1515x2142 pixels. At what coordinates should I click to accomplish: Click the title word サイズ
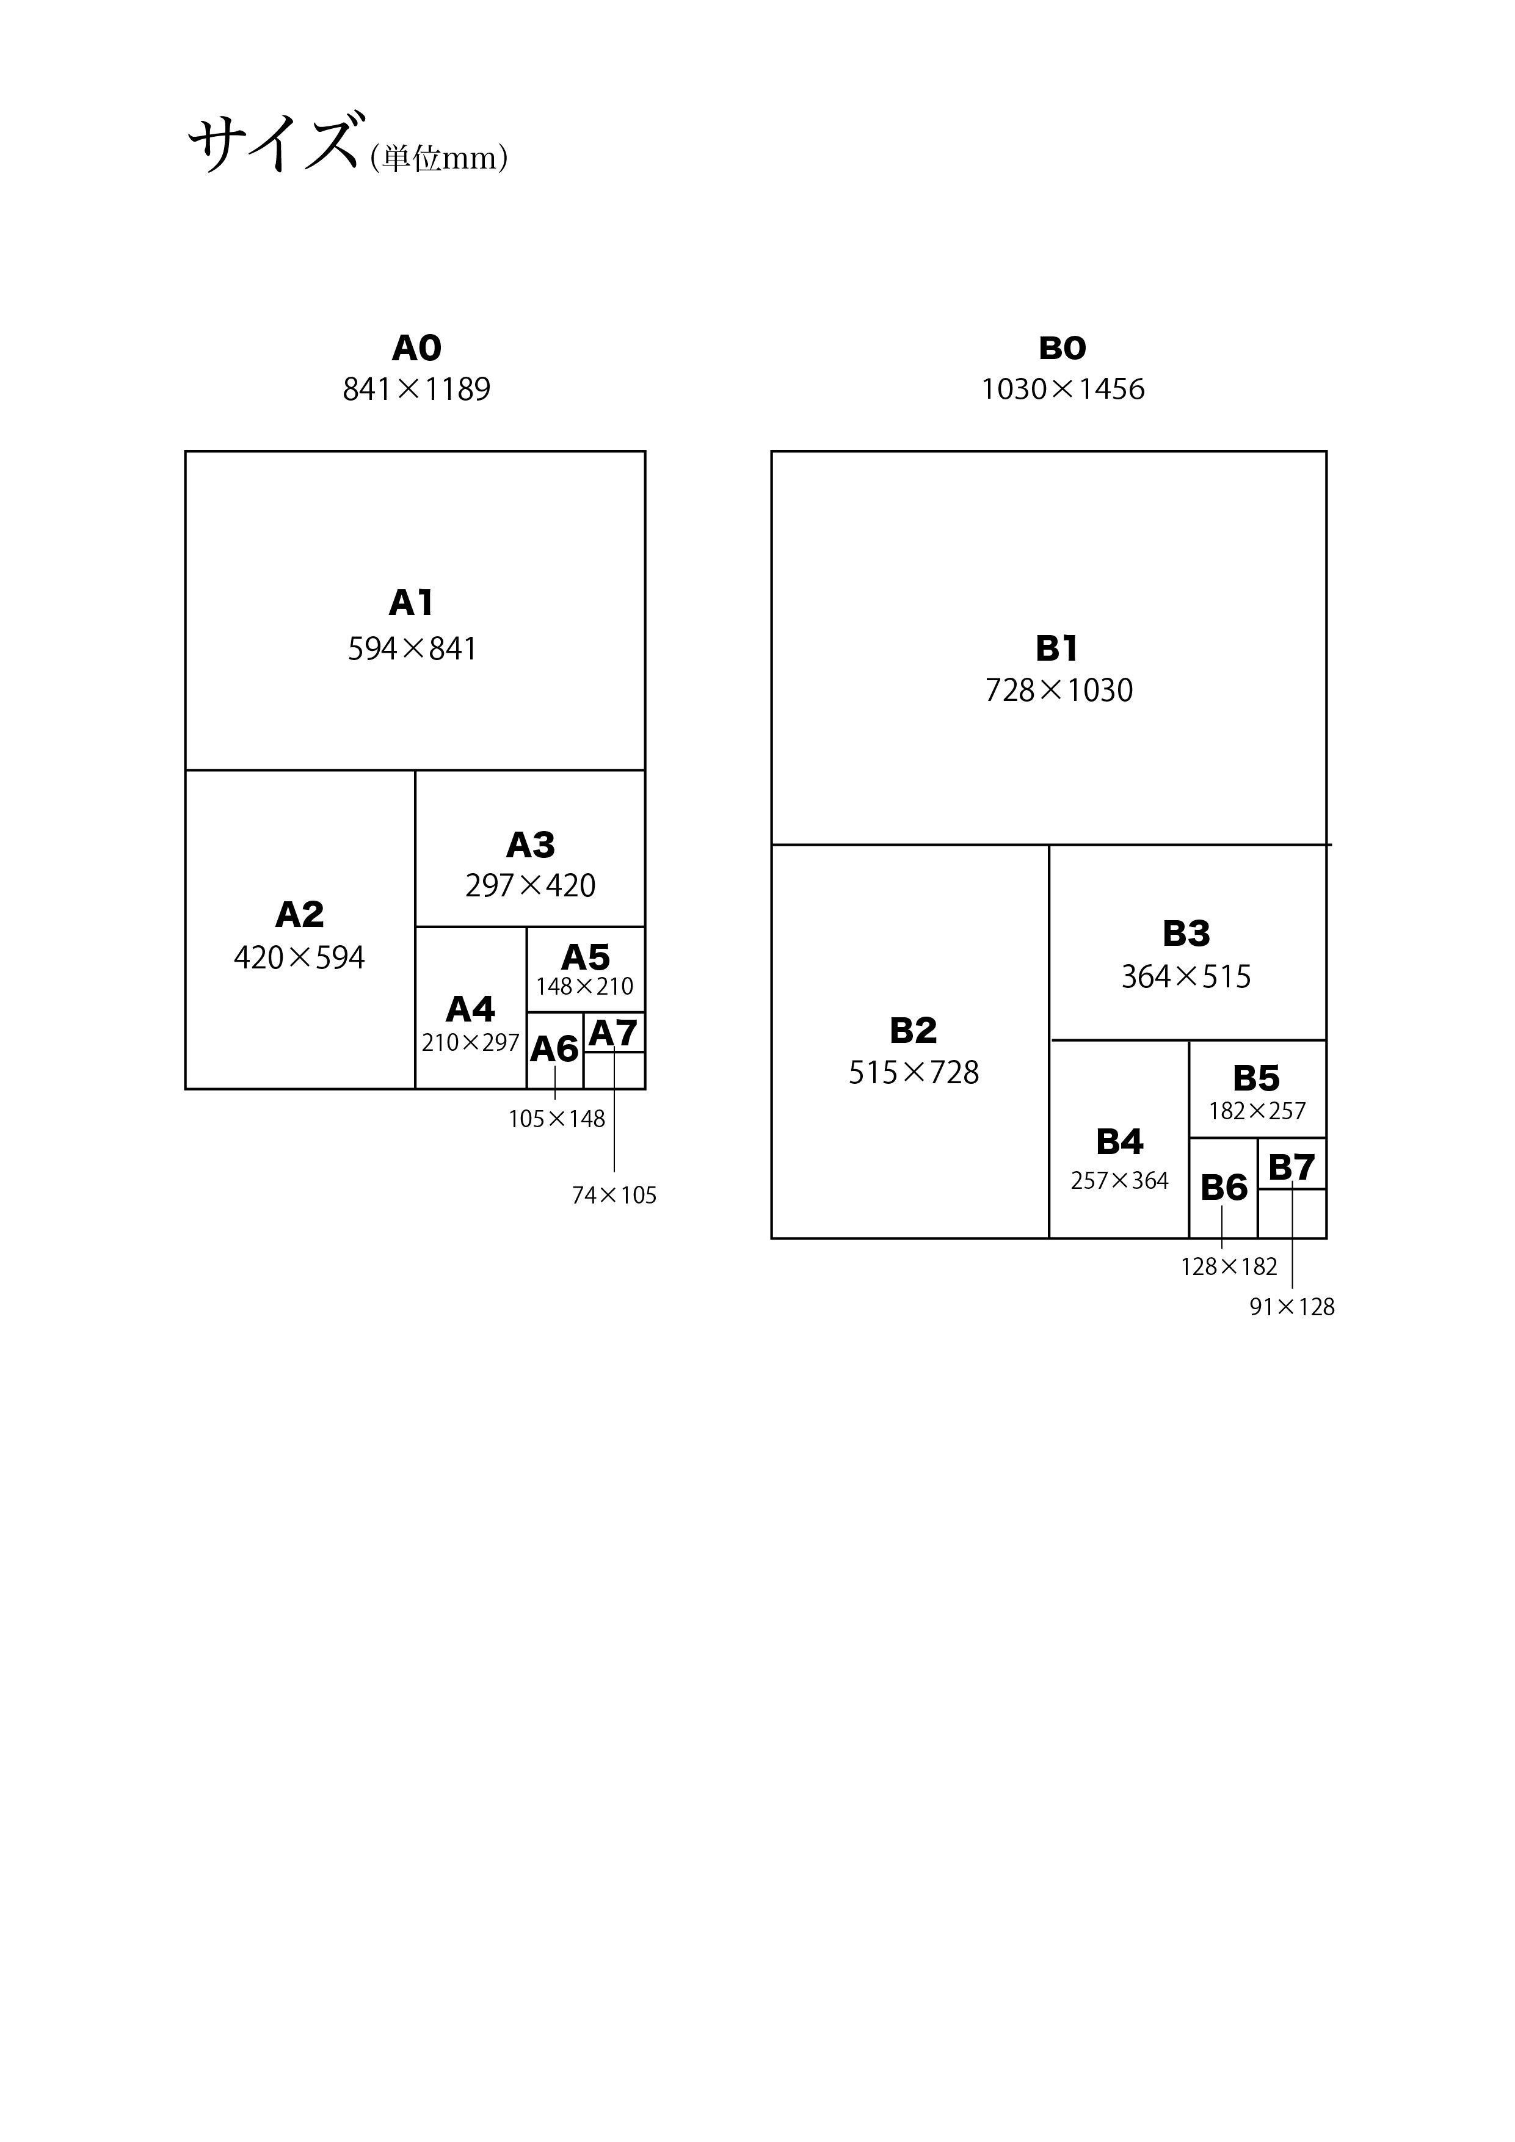pos(274,143)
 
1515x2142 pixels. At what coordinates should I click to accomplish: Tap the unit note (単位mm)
pos(438,158)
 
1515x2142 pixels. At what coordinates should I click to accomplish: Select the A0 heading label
pos(416,348)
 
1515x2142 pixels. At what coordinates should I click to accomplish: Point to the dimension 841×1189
pos(416,389)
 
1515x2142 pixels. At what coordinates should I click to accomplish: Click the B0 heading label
pos(1063,348)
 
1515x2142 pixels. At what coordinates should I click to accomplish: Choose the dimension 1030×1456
pos(1063,389)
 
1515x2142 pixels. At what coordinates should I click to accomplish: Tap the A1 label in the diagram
pos(412,603)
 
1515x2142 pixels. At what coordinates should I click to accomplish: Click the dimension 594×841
pos(412,648)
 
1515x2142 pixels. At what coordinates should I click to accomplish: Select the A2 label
pos(299,914)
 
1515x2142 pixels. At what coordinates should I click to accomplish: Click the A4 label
pos(470,1009)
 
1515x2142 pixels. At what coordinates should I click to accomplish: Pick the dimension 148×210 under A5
pos(584,986)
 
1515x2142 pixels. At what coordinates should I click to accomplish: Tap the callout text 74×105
pos(614,1195)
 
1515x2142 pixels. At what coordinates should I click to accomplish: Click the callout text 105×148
pos(556,1119)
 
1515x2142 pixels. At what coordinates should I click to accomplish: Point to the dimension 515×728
pos(914,1073)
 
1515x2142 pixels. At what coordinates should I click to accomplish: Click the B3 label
pos(1186,933)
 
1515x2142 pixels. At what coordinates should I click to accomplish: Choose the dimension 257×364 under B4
pos(1119,1181)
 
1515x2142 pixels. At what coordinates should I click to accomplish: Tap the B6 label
pos(1224,1188)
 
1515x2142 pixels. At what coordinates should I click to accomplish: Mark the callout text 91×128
pos(1292,1307)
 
